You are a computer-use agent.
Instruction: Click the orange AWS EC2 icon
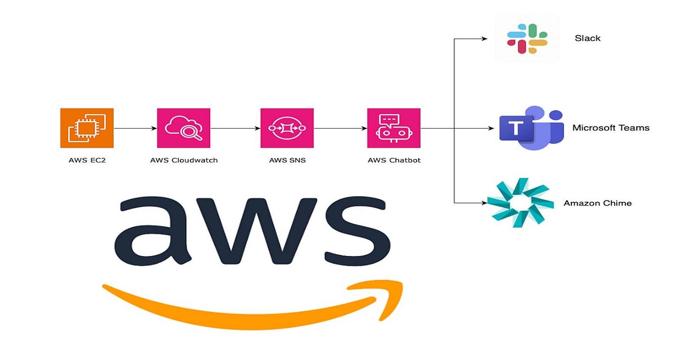coord(87,128)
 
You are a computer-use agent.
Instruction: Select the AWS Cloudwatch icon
coord(183,128)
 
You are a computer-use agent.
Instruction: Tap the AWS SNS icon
coord(287,128)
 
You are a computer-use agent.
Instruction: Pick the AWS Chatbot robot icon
coord(394,128)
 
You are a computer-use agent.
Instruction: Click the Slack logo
coord(527,38)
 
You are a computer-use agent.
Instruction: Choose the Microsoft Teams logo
coord(530,128)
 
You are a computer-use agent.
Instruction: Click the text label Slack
coord(587,38)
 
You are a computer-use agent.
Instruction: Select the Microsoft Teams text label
coord(610,128)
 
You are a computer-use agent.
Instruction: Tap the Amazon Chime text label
coord(597,203)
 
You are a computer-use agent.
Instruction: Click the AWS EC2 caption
coord(87,161)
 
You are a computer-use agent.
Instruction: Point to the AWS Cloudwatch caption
coord(184,161)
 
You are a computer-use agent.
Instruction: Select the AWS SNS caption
coord(287,161)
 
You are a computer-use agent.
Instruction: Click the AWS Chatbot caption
coord(394,161)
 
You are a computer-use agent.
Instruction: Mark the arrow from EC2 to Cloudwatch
coord(135,128)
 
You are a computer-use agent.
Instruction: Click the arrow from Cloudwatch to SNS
coord(235,128)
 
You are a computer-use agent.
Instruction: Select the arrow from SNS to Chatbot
coord(340,128)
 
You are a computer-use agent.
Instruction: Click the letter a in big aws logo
coord(154,232)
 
